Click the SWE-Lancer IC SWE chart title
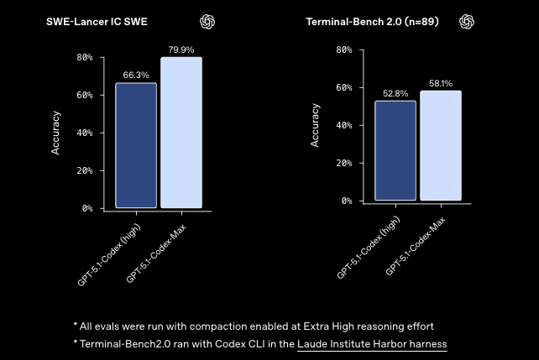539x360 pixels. coord(97,21)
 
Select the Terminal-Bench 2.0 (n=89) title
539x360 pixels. coord(370,21)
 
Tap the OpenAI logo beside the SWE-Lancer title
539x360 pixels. coord(207,21)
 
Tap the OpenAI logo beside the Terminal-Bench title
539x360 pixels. coord(467,21)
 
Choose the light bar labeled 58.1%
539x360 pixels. coord(441,146)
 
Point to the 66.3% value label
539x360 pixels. coord(136,76)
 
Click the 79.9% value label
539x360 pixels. coord(181,50)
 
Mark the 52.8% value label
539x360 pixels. coord(395,93)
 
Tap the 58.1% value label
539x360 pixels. coord(441,84)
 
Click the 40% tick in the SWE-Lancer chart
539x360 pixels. coord(84,133)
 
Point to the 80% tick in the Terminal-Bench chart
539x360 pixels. coord(343,50)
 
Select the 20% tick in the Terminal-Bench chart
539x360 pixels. coord(343,164)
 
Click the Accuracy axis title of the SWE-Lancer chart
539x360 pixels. coord(56,133)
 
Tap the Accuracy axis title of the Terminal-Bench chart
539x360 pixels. coord(316,126)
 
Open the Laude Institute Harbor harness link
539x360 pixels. coord(372,344)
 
